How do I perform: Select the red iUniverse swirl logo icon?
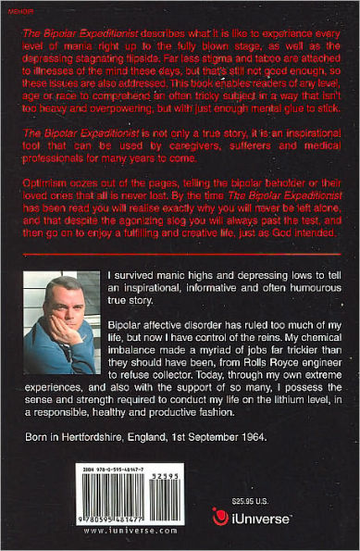pyautogui.click(x=221, y=517)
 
